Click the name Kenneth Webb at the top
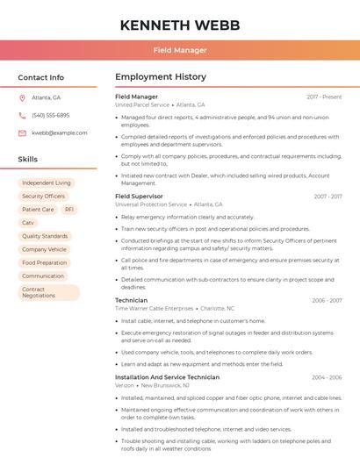[x=180, y=25]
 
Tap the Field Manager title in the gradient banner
[x=180, y=50]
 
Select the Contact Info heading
[x=40, y=77]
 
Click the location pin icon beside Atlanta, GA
[x=22, y=97]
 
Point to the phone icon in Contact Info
[x=22, y=115]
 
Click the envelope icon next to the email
[x=22, y=132]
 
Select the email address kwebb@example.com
[x=59, y=132]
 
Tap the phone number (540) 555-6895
[x=50, y=115]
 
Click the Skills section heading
[x=27, y=159]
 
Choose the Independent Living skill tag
[x=47, y=183]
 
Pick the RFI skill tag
[x=69, y=210]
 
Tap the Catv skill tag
[x=28, y=223]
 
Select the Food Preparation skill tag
[x=44, y=262]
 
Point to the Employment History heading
[x=161, y=77]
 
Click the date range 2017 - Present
[x=324, y=97]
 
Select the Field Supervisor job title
[x=139, y=197]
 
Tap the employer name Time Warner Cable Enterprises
[x=155, y=308]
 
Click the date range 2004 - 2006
[x=327, y=377]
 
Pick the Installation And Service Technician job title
[x=167, y=377]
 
